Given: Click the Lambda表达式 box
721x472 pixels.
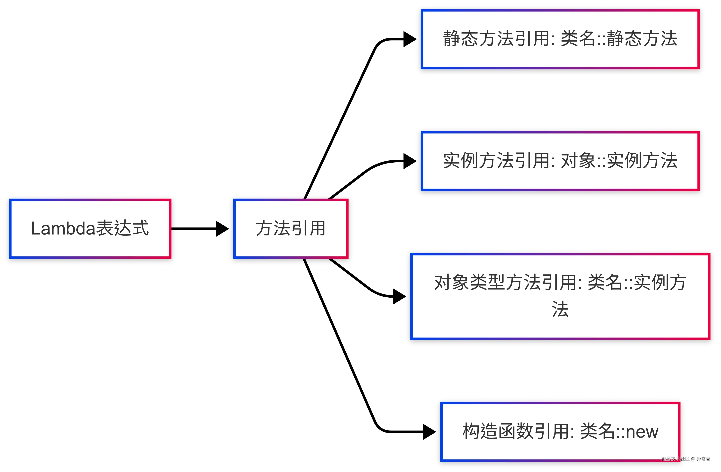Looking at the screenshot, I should [90, 229].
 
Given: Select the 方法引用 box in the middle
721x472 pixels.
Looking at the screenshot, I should [290, 229].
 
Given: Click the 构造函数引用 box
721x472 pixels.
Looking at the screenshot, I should [560, 432].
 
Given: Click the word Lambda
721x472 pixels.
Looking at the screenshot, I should [63, 228].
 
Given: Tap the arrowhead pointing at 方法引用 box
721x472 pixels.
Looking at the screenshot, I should [222, 229].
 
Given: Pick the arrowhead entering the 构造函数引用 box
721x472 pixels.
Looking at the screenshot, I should [429, 432].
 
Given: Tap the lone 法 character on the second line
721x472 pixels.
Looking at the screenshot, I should [560, 310].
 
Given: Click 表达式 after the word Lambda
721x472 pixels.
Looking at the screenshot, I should [122, 228].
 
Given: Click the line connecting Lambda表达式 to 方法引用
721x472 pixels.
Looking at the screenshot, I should [194, 229].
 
